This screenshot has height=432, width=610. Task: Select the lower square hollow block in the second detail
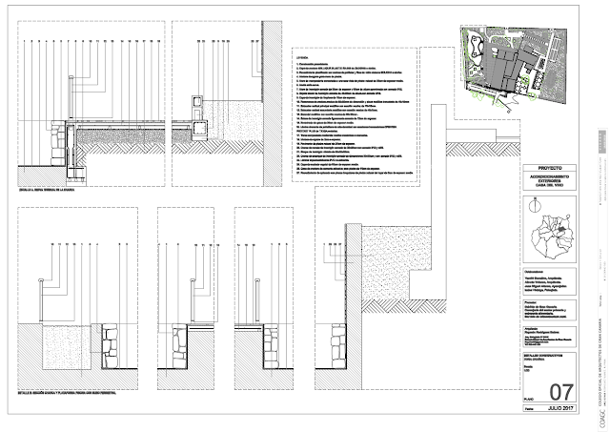point(199,121)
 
